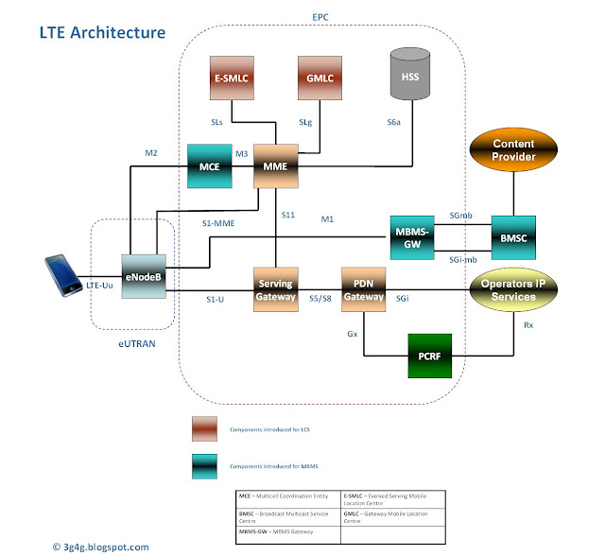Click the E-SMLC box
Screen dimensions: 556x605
[x=232, y=78]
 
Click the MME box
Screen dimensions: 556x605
[x=276, y=167]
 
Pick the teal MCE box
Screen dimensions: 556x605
[x=211, y=166]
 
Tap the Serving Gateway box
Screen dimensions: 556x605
[x=276, y=291]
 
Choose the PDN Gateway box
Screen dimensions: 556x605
[x=364, y=291]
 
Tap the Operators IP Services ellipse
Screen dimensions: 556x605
[x=514, y=290]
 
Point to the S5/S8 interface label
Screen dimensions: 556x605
[x=320, y=299]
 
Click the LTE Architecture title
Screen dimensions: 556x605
[x=102, y=32]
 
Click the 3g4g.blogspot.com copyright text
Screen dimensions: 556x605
[x=100, y=546]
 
